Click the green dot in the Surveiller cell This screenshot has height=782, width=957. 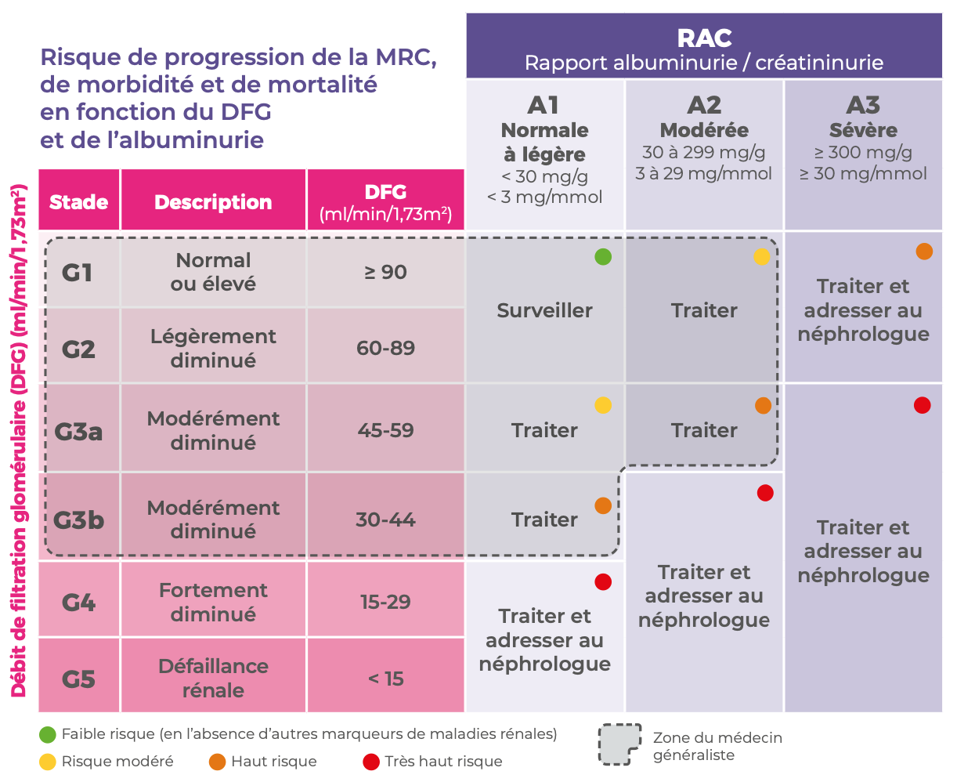[x=602, y=256]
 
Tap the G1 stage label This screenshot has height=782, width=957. [x=78, y=273]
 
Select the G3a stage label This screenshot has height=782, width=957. [x=78, y=431]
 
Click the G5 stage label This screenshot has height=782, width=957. [x=78, y=679]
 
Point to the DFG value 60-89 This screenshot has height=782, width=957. [x=385, y=348]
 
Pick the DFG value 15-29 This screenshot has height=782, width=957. [x=385, y=602]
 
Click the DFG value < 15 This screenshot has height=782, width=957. [x=385, y=679]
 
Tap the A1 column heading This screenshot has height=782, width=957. [x=544, y=105]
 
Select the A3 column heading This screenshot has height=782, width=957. [x=863, y=105]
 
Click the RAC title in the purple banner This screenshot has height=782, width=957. [x=704, y=38]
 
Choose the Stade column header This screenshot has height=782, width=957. [x=78, y=202]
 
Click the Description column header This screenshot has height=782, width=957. [x=213, y=202]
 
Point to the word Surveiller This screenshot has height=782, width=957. [x=544, y=310]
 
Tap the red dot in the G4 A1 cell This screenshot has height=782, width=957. [x=603, y=582]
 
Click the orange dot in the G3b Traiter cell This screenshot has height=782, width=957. [x=603, y=505]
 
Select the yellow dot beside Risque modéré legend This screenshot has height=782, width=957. [x=48, y=761]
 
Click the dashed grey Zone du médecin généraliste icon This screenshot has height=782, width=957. [x=619, y=744]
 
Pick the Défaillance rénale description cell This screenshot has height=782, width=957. [x=213, y=679]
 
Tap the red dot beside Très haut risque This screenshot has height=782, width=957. [x=371, y=761]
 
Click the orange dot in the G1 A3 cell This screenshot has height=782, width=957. [x=924, y=252]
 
